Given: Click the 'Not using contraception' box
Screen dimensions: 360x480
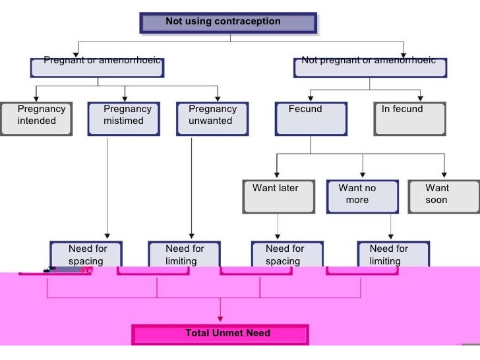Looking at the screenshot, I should click(228, 22).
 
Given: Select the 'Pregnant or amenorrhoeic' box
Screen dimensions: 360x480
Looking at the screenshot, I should click(97, 67).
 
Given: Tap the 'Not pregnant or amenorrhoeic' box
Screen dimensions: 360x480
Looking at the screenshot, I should click(369, 67).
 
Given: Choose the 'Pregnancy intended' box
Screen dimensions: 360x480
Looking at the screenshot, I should click(36, 118).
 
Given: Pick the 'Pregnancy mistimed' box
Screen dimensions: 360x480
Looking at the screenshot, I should click(127, 118).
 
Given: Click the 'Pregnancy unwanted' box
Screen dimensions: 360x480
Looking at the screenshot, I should click(212, 118).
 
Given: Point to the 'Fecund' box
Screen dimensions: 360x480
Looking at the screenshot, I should click(310, 118).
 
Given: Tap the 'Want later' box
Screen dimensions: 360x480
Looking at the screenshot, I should click(277, 196).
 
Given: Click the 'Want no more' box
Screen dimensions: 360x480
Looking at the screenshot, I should click(362, 196).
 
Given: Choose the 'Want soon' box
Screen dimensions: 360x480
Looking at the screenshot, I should click(443, 196).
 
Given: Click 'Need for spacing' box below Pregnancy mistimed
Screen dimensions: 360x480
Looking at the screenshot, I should click(86, 255).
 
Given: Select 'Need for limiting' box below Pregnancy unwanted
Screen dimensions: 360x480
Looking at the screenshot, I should click(184, 255).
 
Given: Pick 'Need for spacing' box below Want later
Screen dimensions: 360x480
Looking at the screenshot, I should click(284, 255).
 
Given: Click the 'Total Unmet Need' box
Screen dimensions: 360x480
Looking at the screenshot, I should click(220, 334).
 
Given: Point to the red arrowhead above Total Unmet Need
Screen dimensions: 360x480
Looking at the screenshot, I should click(220, 319).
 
